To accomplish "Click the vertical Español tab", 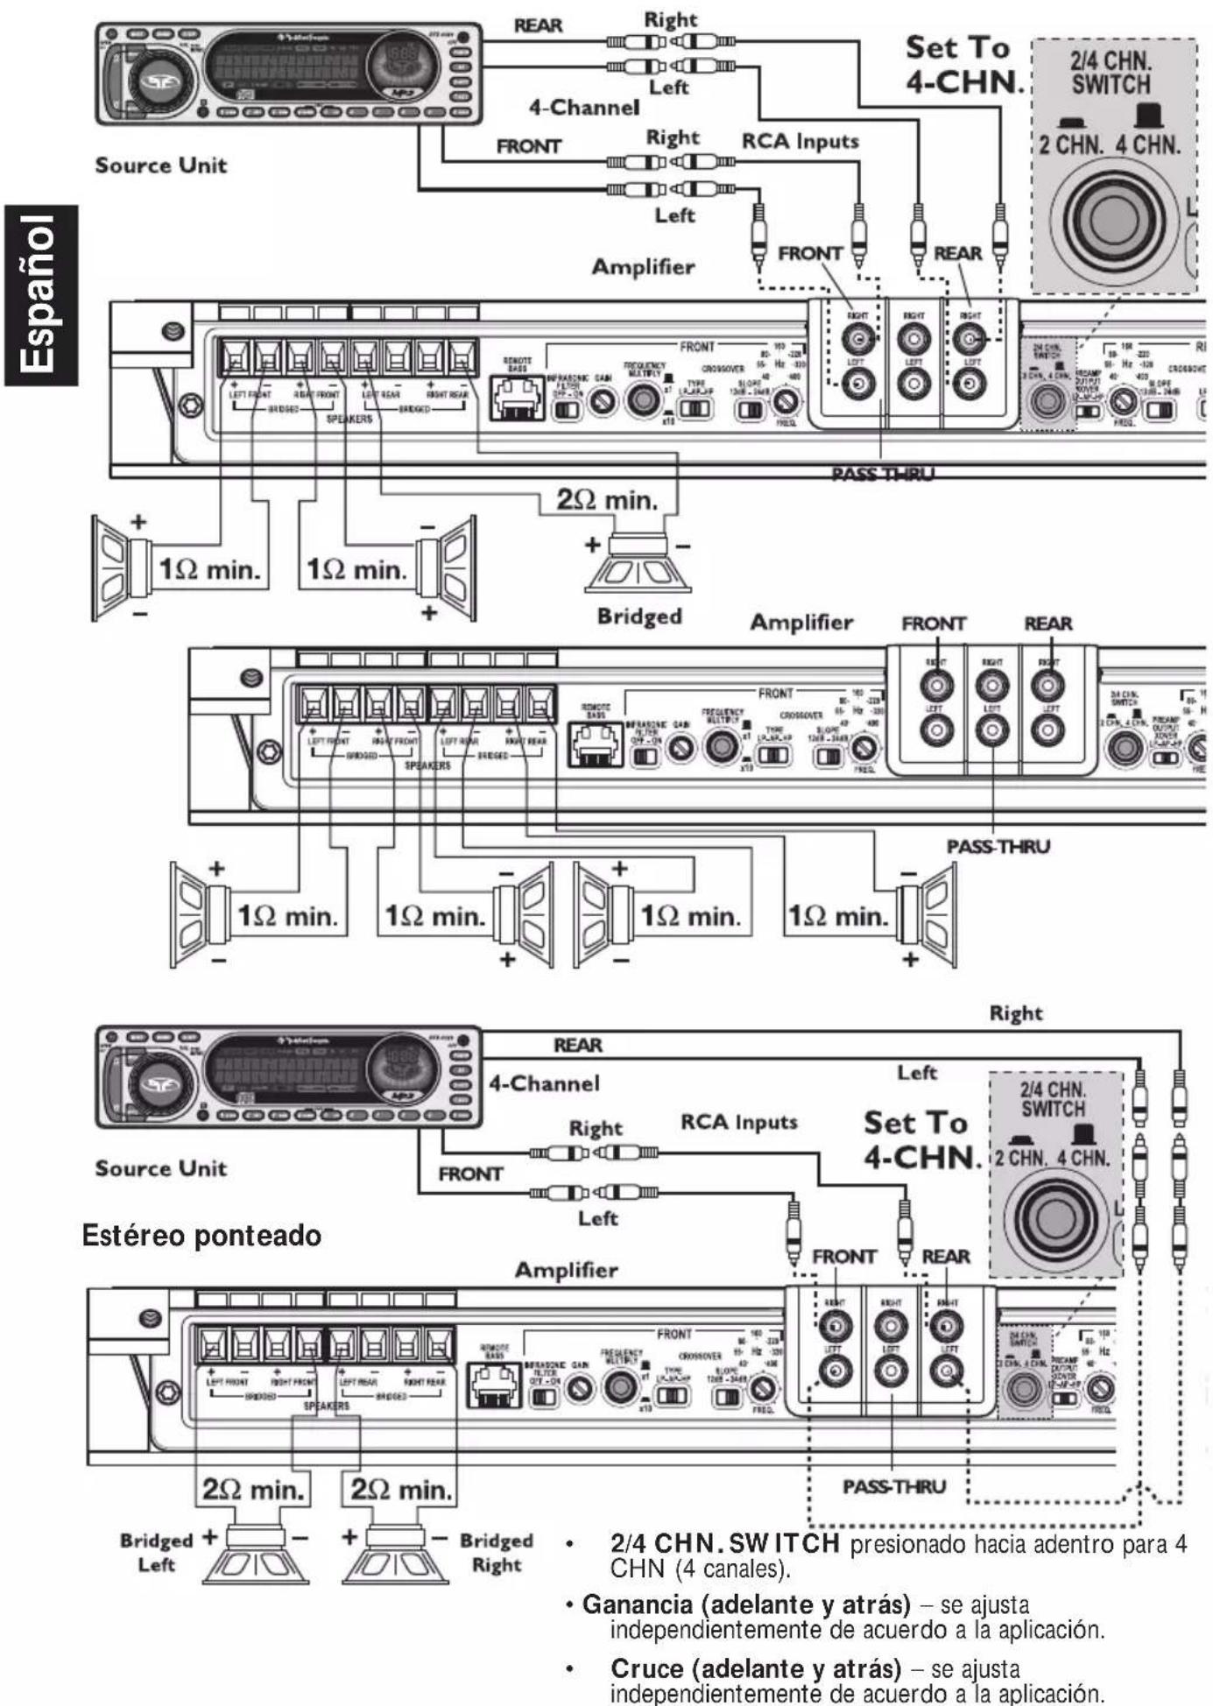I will point(40,295).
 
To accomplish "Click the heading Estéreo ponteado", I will point(201,1236).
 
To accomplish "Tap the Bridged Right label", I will point(497,1552).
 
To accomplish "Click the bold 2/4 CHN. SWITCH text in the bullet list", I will point(725,1543).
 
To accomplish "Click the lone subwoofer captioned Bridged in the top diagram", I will point(639,566).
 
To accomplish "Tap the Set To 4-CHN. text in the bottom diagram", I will point(920,1140).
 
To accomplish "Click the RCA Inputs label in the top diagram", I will point(800,141).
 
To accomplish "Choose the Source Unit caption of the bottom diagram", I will point(160,1168).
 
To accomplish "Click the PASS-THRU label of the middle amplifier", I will point(998,846).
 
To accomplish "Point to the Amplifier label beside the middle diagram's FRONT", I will point(800,623).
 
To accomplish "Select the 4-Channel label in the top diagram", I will point(583,108).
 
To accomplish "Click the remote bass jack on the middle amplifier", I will point(596,744).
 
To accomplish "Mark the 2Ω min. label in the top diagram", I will point(606,501).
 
